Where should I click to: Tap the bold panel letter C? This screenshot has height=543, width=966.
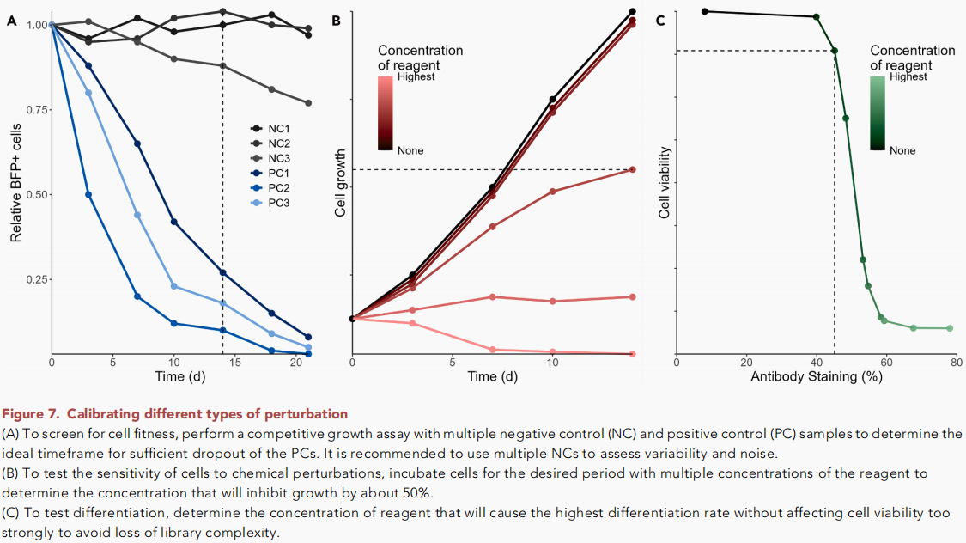click(659, 20)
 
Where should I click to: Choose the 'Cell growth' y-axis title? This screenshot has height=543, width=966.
click(340, 182)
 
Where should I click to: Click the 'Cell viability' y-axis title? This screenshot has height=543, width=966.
click(664, 182)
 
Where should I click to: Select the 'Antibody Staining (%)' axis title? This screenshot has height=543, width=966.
click(816, 376)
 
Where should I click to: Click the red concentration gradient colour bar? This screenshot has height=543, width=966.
click(386, 113)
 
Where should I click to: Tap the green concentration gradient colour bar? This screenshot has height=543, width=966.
click(878, 113)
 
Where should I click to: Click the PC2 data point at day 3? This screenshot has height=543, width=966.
click(88, 194)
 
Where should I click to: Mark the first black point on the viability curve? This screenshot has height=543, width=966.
click(704, 11)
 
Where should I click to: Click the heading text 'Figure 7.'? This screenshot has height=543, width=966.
click(32, 414)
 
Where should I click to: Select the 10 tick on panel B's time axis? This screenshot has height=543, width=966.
click(553, 363)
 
